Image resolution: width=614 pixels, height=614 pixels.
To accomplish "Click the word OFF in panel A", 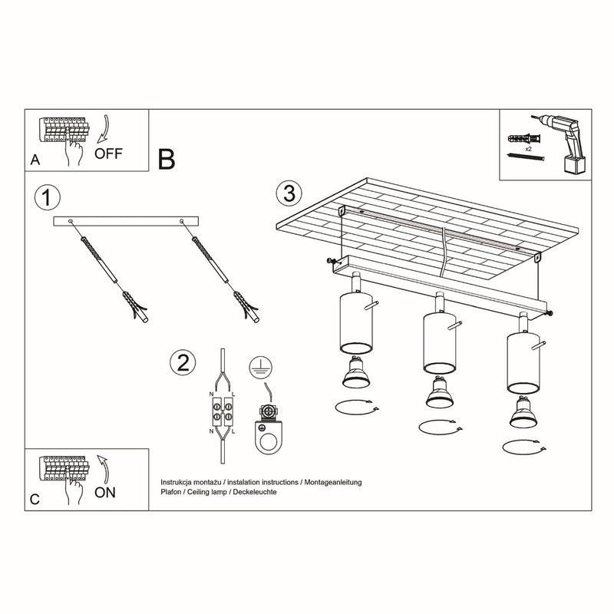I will pos(107,153).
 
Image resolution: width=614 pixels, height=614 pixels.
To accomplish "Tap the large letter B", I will pos(167,159).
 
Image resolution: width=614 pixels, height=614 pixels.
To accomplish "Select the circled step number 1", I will pos(47,198).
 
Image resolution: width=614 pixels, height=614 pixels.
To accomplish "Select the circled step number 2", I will pos(181,363).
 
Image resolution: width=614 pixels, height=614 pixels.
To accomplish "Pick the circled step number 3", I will pos(289,193).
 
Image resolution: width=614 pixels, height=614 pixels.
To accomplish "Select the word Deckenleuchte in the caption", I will pos(254,491).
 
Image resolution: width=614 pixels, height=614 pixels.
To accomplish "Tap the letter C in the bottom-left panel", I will pos(33,500).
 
